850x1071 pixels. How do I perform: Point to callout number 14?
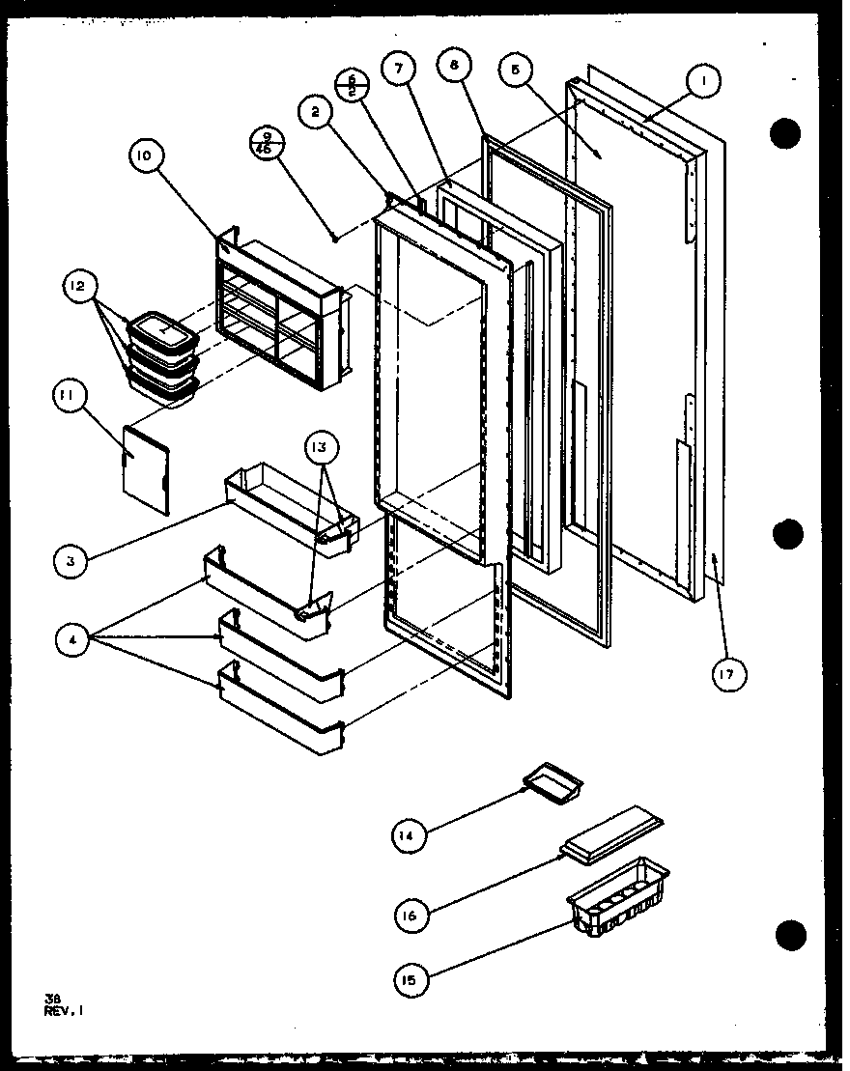coord(411,836)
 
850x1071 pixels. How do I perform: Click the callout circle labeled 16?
coord(411,914)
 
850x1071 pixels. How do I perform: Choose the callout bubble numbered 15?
coord(411,981)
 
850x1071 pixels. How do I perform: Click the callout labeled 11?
coord(72,396)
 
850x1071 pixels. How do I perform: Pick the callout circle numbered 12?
coord(79,286)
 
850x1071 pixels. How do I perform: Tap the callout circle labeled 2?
coord(315,113)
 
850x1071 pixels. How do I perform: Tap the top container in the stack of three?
coord(163,331)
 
